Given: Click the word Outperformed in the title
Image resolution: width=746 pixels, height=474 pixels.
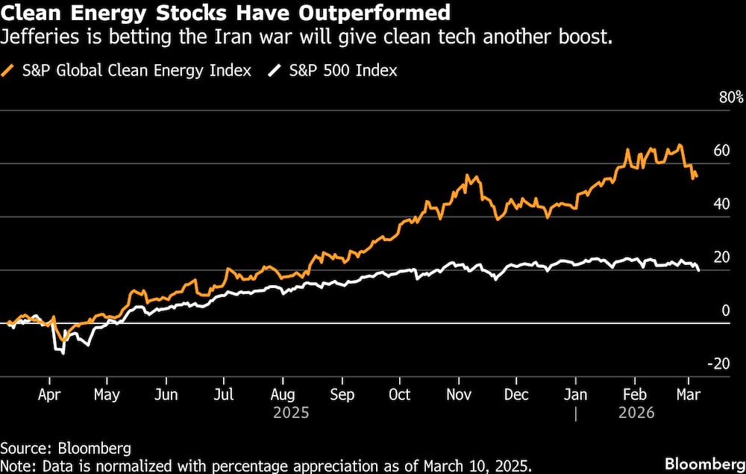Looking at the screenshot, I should [x=387, y=13].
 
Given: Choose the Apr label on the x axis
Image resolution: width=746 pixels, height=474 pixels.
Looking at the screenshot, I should [x=49, y=395].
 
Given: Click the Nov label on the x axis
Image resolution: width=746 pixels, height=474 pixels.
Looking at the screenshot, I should [x=458, y=395].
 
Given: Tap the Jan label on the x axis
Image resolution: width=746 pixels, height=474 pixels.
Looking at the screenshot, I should [x=575, y=395].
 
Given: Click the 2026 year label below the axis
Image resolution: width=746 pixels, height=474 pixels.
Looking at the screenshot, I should [x=636, y=412].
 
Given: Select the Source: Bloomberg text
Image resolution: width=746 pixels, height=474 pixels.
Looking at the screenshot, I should [x=66, y=448].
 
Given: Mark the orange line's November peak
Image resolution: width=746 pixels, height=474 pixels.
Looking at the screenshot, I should [x=468, y=176].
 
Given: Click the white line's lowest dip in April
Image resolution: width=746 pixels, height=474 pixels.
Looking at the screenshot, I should [x=63, y=353].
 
